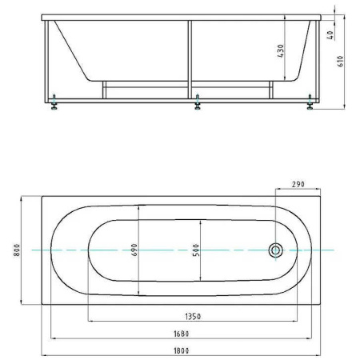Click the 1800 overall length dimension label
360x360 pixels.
182,350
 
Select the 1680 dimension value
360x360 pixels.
182,334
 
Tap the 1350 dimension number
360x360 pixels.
193,317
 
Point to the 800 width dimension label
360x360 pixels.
17,250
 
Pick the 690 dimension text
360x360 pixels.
134,250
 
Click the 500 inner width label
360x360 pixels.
196,250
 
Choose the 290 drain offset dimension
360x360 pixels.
298,184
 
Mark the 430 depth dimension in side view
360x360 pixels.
281,50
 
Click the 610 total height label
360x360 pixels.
341,62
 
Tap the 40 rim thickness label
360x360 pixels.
330,35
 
